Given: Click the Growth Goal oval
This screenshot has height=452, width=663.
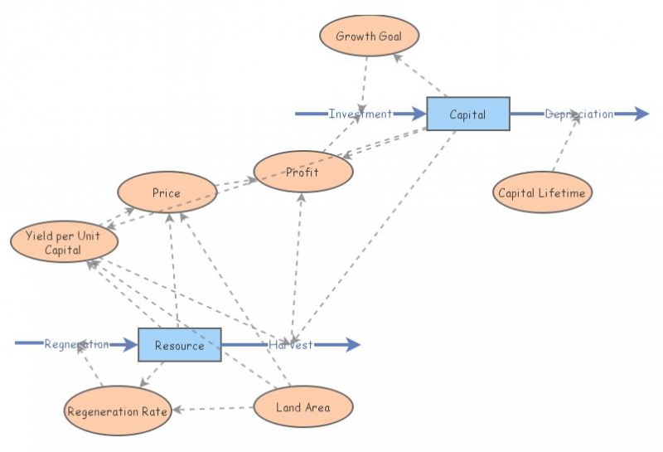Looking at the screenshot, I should tap(369, 36).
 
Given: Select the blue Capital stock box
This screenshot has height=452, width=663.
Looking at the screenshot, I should tap(467, 114).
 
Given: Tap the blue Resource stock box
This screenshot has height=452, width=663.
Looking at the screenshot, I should tap(179, 345).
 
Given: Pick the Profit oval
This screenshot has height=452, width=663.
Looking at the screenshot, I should tap(303, 172).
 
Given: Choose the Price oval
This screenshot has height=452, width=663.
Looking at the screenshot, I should tap(167, 192).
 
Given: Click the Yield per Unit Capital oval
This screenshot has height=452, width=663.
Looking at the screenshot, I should tap(64, 241).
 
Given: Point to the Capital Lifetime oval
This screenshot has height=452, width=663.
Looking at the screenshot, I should tap(542, 193).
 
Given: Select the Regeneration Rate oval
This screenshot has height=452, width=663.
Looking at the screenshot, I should tap(118, 411).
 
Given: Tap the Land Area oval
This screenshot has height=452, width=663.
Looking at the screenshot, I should tap(303, 406).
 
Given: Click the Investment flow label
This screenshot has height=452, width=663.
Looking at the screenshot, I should tap(360, 114).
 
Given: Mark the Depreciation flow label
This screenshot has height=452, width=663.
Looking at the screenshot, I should tap(578, 114).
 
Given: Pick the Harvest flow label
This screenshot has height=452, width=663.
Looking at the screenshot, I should tap(290, 345).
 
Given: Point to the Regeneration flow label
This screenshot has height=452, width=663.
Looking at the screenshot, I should tap(76, 344).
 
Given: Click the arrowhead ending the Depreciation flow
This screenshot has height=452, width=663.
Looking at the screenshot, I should tap(641, 114).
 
